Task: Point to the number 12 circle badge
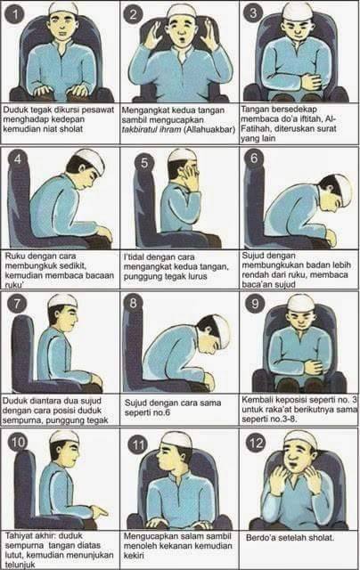coord(255,442)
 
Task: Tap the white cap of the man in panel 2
coord(182,11)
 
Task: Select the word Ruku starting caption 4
coord(16,255)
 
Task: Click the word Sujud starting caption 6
coord(257,255)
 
